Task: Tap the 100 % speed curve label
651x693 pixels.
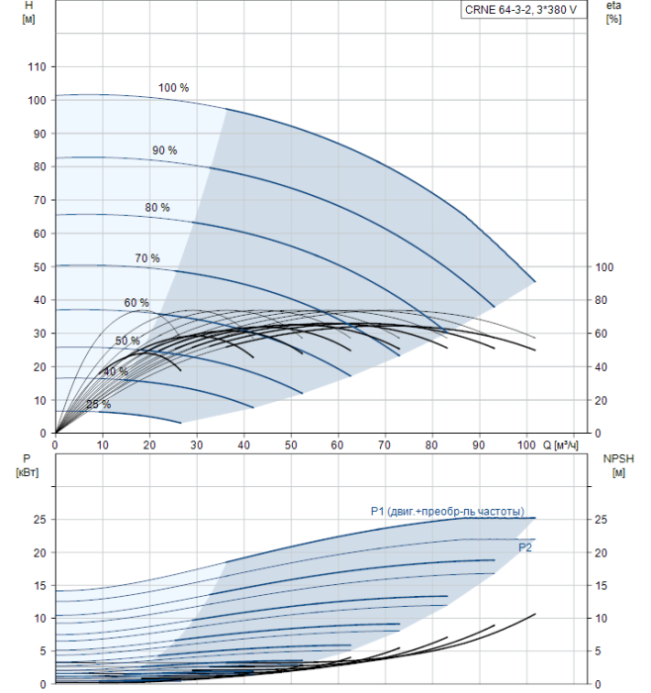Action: [x=173, y=88]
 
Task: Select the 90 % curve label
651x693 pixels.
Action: [x=164, y=150]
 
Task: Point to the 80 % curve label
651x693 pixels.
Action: [x=157, y=208]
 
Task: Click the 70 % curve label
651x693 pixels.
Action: [x=147, y=258]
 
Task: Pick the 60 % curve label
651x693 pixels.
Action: [x=137, y=303]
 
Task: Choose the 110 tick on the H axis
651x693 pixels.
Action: [x=37, y=67]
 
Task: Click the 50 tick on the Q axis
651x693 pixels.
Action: [x=291, y=445]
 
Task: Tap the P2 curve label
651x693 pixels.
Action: [x=525, y=546]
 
